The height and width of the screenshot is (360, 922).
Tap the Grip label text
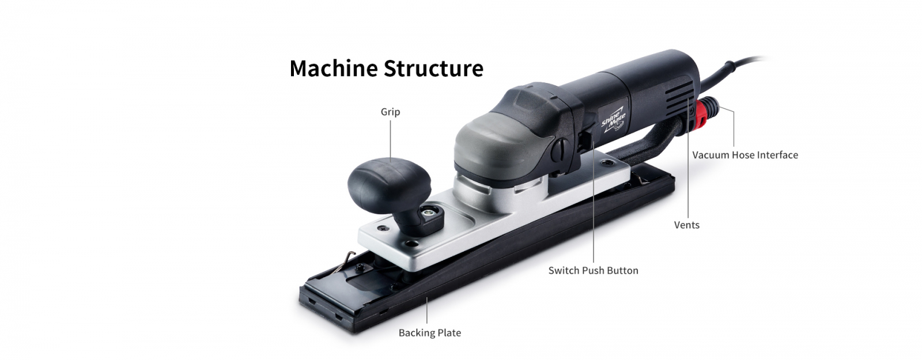click(x=390, y=112)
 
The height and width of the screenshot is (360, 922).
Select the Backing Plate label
click(x=430, y=333)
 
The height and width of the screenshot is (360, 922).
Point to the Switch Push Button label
click(x=593, y=271)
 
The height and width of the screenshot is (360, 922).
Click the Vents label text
click(x=686, y=225)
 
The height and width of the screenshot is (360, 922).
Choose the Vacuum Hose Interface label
click(x=745, y=155)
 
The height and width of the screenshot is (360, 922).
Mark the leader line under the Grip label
click(x=390, y=138)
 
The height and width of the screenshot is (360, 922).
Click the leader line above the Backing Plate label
click(x=427, y=311)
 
